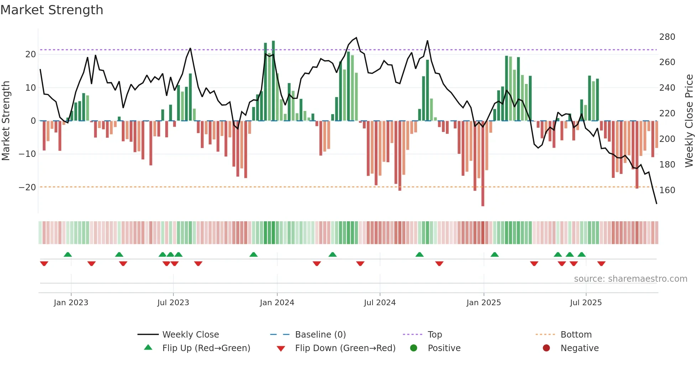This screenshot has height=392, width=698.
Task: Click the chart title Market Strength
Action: coord(52,10)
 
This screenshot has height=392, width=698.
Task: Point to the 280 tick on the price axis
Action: coord(667,37)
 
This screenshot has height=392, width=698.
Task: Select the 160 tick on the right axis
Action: coord(667,190)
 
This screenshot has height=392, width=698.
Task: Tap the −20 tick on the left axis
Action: coord(27,187)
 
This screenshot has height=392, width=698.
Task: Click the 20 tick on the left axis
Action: coord(31,54)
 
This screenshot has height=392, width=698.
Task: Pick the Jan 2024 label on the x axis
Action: coord(277,303)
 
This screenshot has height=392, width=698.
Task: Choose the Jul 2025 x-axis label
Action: coord(585,303)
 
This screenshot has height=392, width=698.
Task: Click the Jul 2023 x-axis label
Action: coord(173,303)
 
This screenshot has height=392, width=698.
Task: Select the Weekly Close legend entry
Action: coord(190,335)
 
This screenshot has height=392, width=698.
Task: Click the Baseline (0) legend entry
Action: coord(320,335)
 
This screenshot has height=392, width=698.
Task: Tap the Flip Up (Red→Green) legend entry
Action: coord(206,348)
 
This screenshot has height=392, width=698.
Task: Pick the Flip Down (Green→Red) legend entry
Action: coord(345,348)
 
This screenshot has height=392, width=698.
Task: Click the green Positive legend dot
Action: coord(413,348)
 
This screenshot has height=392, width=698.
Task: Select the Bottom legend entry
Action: coord(575,335)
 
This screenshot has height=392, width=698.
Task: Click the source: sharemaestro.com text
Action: coord(630,279)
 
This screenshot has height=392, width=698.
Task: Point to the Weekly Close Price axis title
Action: coord(689,121)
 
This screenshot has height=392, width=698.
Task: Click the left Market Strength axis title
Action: coord(6,121)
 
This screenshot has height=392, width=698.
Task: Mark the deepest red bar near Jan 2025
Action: coord(483,164)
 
